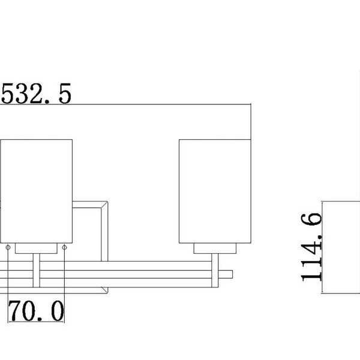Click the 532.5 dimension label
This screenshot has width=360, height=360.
(x=36, y=94)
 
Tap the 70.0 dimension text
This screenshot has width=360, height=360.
(x=36, y=311)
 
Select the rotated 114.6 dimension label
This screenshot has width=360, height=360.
(x=311, y=247)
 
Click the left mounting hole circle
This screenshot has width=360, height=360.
(x=8, y=247)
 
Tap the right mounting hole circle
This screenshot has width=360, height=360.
(x=65, y=247)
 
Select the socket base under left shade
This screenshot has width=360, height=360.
(x=36, y=248)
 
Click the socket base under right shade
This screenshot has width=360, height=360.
(x=215, y=248)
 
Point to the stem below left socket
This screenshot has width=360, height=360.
(x=36, y=270)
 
